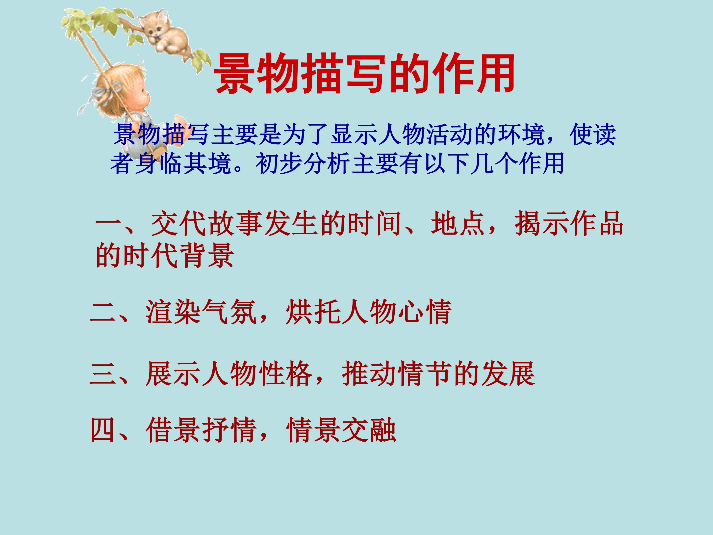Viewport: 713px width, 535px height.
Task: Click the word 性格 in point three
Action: pyautogui.click(x=285, y=374)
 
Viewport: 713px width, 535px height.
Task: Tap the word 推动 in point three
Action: pyautogui.click(x=369, y=374)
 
